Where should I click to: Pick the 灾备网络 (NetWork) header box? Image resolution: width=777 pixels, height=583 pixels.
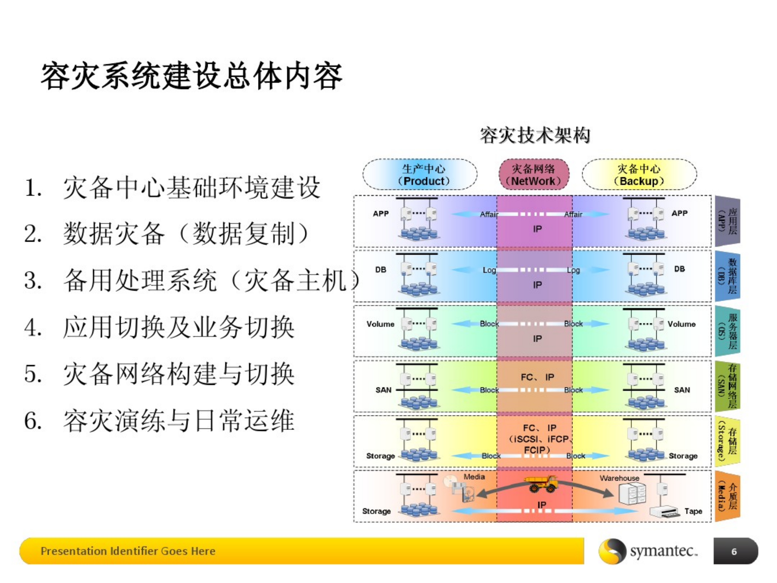[534, 175]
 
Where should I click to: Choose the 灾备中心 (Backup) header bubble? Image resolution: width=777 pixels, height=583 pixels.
[639, 175]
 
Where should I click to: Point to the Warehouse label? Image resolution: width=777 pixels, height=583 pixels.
[619, 478]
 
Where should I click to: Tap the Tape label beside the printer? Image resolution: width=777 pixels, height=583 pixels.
[693, 511]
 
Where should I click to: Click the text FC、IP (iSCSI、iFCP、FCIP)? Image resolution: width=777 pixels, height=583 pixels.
[539, 439]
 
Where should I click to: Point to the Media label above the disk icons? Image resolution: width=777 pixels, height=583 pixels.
[474, 477]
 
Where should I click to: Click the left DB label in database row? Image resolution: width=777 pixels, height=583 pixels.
[381, 269]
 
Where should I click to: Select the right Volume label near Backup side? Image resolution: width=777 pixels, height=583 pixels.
[681, 324]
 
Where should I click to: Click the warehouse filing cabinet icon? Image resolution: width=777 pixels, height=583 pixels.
[632, 494]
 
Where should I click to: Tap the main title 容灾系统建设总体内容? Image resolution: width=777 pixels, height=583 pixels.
[191, 76]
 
